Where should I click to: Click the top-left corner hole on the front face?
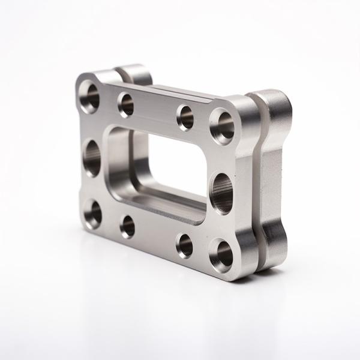tap(91, 96)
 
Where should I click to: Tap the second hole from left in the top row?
tap(126, 104)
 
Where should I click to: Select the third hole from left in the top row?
tap(185, 117)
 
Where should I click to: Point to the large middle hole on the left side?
tap(92, 157)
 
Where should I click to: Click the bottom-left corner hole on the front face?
tap(93, 214)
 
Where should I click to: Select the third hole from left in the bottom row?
tap(185, 245)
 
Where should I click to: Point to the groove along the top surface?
tap(180, 96)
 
